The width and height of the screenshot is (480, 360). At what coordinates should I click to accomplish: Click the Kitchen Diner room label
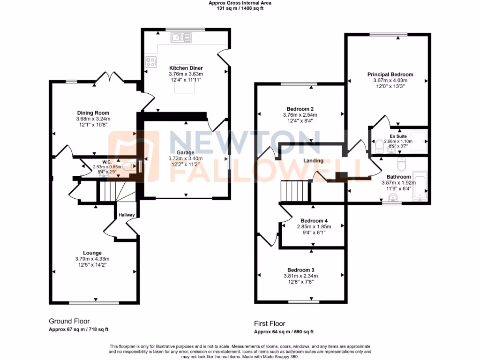point(186,68)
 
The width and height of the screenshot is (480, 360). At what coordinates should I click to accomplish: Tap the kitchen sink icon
point(180,37)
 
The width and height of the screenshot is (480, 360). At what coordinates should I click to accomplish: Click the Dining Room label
point(93,112)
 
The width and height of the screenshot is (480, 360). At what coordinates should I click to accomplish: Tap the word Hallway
point(127,215)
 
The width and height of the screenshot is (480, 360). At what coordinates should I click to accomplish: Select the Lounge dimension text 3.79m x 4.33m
point(93,259)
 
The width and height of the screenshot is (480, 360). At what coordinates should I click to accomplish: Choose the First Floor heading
point(270,323)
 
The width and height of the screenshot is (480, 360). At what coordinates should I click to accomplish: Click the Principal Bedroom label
point(390,75)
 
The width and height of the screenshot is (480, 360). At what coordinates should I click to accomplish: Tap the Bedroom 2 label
point(300,109)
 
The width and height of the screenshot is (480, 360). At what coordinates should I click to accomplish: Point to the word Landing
point(313,161)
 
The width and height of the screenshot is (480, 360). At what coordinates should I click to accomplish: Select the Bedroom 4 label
point(314,221)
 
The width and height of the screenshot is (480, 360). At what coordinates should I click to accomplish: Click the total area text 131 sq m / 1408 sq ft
point(240,8)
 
